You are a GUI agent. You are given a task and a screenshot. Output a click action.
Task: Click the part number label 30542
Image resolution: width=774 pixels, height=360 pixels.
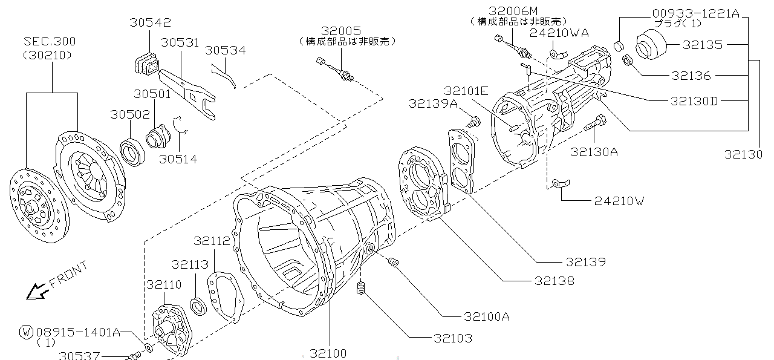[x=150, y=22]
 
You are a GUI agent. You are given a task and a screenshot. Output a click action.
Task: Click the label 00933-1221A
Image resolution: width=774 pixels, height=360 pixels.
[x=695, y=13]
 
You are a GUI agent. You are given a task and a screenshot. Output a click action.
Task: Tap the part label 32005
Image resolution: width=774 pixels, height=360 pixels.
[x=341, y=30]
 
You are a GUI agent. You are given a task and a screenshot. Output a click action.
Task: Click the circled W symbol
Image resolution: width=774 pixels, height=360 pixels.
[x=26, y=332]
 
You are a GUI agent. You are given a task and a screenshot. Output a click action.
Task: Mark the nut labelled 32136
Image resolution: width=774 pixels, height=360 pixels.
[x=628, y=61]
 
